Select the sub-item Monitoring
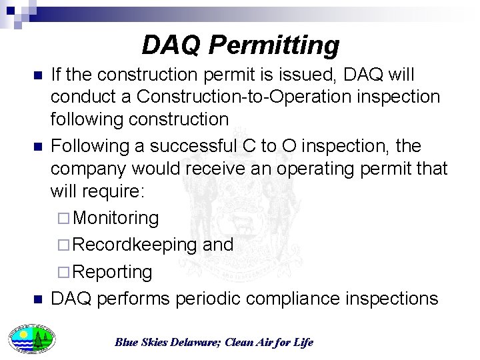pos(115,218)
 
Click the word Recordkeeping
pos(135,245)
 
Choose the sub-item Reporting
pos(112,272)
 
